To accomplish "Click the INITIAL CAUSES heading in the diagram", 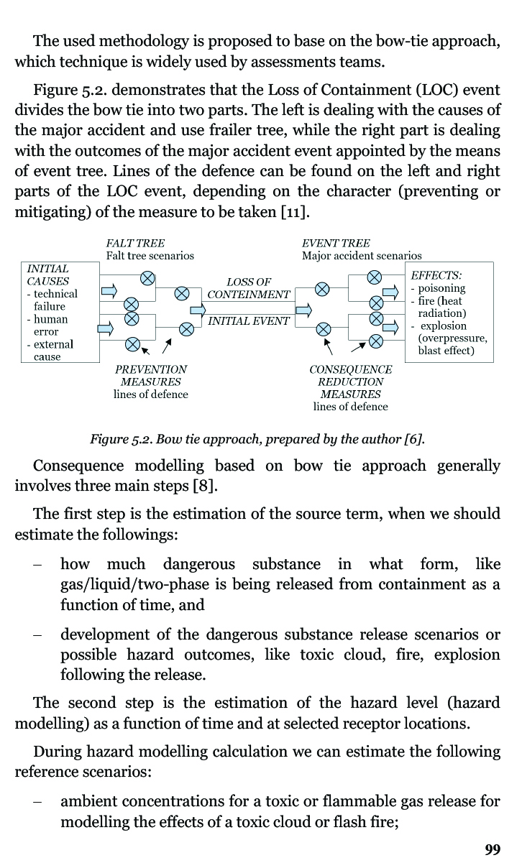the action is click(47, 274).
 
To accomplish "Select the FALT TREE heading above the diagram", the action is click(135, 244).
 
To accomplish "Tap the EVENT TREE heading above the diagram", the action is click(336, 244).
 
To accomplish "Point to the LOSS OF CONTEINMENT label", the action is click(249, 288).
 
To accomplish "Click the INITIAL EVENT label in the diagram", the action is click(249, 321).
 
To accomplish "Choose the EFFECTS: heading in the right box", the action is click(436, 275).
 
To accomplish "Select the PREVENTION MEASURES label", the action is click(151, 376).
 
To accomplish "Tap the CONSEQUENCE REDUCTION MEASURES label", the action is click(351, 382).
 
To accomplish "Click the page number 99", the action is click(493, 849).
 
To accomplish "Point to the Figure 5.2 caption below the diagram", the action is click(257, 439).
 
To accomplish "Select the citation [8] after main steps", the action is click(205, 486).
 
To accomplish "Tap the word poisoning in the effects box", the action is click(441, 288).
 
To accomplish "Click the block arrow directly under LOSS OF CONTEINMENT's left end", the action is click(198, 310).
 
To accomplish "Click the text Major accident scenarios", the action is click(362, 256).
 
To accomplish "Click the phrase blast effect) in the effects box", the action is click(446, 351).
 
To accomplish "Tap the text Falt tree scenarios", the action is click(150, 256).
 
